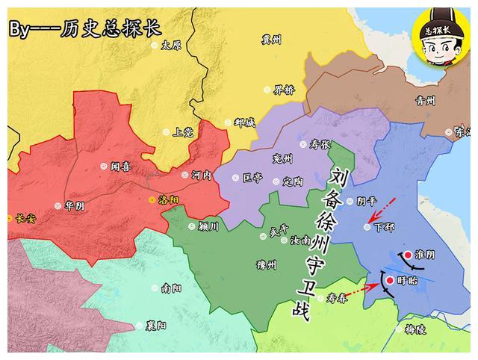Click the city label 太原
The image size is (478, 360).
171,45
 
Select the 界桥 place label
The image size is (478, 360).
284,90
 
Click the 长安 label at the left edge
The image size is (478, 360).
25,218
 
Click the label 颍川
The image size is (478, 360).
208,226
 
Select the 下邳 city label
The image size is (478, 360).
382,226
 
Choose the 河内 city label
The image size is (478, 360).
201,175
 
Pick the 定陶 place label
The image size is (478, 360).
293,181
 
